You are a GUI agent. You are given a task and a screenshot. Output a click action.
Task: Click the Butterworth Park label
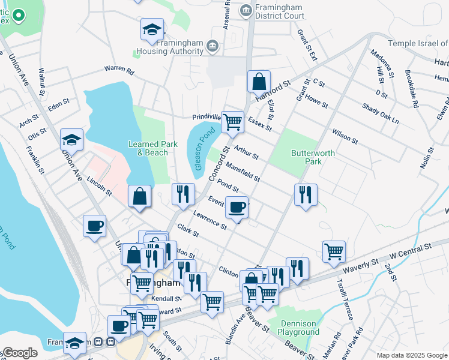[313, 157]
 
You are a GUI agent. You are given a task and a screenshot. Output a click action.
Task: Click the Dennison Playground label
[298, 328]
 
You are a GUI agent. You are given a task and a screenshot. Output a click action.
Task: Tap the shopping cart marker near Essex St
[232, 122]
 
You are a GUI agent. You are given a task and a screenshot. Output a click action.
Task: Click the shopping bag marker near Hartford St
[259, 82]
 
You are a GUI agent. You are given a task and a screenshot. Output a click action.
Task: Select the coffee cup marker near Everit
[237, 208]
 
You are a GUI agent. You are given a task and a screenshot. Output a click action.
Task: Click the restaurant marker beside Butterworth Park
[306, 194]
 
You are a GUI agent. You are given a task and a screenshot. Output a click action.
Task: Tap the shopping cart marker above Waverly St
[334, 251]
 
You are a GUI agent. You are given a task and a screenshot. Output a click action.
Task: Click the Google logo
[20, 353]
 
